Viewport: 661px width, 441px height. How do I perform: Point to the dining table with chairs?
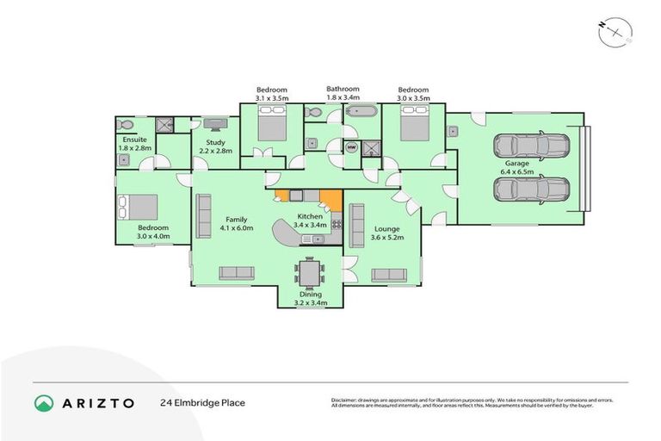coord(309,273)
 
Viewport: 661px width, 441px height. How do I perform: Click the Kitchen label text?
coord(310,216)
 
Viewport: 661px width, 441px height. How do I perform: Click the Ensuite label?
coord(133,140)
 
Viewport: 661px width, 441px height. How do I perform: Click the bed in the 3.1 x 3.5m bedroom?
coord(273,127)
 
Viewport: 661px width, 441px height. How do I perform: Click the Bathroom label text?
coord(343,89)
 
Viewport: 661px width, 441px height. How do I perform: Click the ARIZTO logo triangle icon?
coord(43,402)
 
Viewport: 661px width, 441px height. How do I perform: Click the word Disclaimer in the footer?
coord(344,400)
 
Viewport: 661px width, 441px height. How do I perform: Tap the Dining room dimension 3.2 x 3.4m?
coord(310,302)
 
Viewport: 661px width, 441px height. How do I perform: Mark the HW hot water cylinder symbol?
coord(351,147)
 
